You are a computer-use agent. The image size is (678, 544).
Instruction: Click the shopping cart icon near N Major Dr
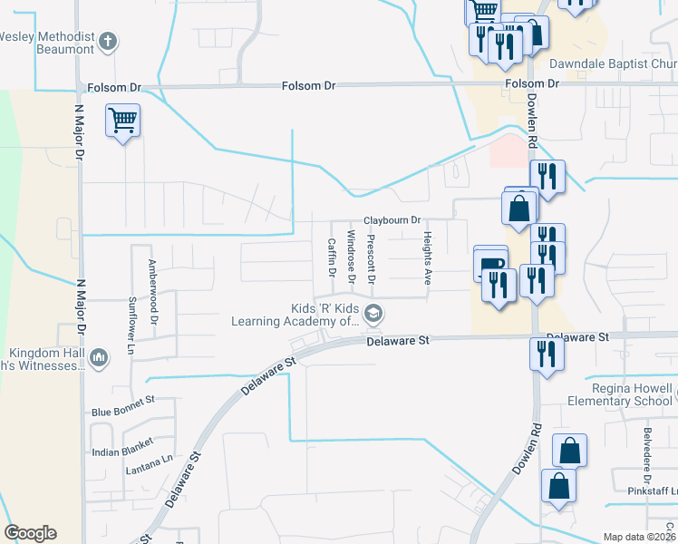click(122, 120)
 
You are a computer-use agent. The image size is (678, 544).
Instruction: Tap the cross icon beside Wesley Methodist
click(108, 41)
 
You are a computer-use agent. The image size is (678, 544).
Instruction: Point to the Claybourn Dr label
click(392, 220)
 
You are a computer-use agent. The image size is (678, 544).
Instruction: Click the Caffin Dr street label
click(332, 258)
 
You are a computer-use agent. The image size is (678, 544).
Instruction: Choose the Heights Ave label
click(426, 257)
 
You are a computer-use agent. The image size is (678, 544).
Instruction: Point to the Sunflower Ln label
click(131, 324)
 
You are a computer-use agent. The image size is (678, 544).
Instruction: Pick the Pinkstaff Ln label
click(652, 490)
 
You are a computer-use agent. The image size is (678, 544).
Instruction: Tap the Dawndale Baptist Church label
click(614, 64)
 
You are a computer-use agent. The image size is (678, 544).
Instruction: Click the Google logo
click(30, 533)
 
